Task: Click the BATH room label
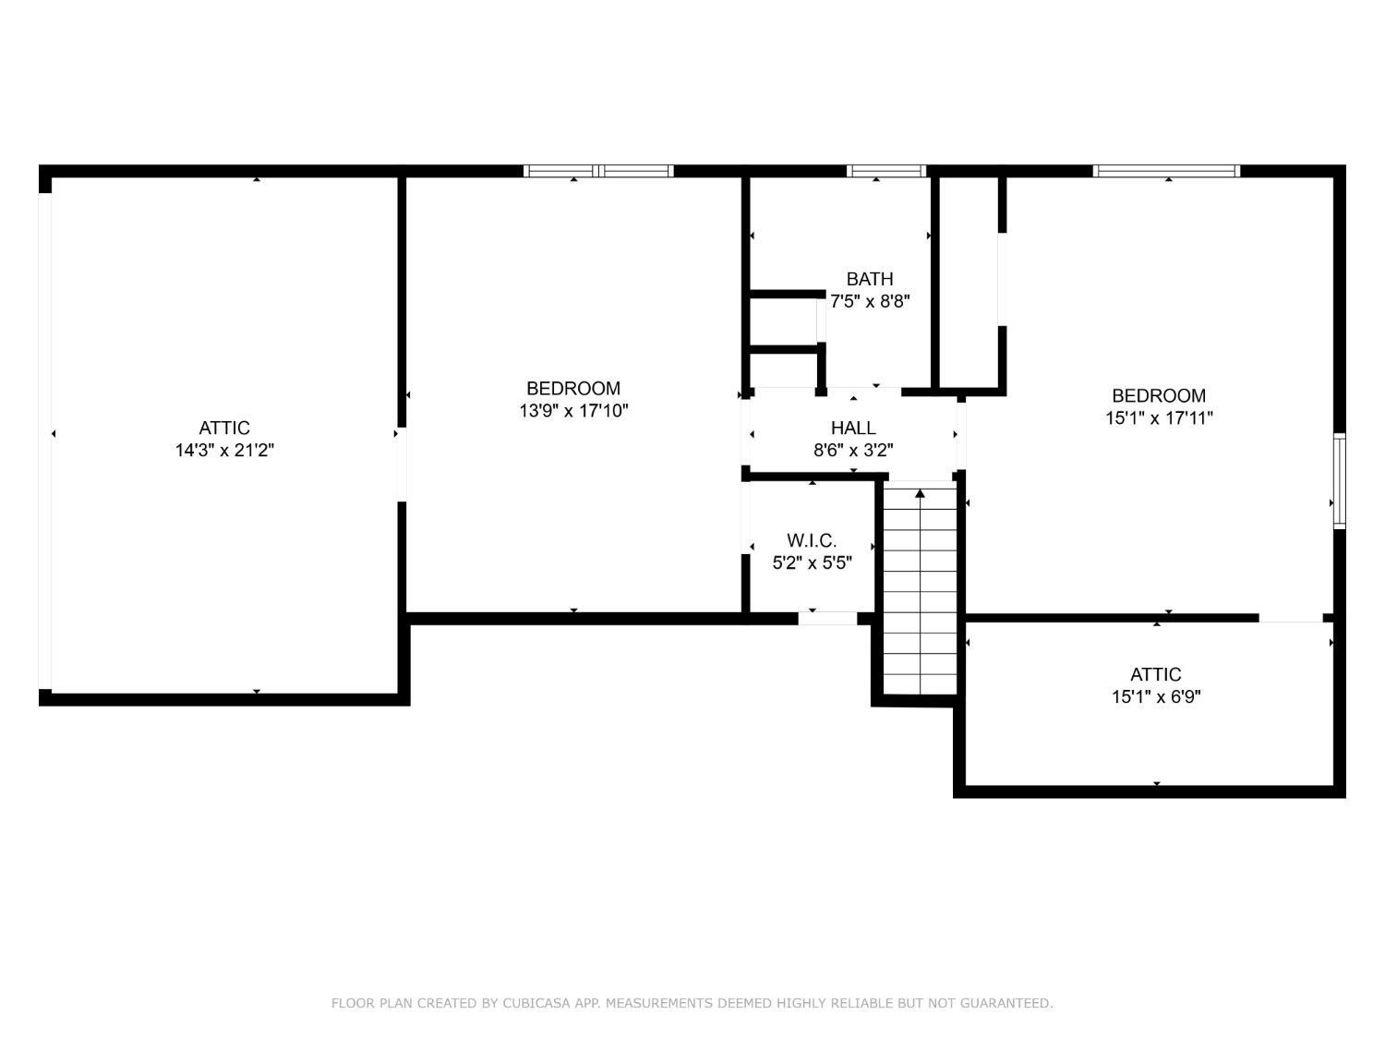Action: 869,279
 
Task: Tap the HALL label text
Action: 852,429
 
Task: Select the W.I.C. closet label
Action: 812,540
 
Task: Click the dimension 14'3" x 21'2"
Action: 224,451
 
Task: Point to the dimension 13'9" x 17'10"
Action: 573,411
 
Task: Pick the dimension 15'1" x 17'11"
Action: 1159,418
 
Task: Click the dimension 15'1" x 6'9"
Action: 1155,697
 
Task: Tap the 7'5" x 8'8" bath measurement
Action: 870,301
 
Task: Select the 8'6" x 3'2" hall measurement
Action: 852,451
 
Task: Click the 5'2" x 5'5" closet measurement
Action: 812,562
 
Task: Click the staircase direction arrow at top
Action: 920,494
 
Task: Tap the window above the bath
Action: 885,171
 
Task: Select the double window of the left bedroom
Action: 598,171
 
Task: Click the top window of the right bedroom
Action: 1166,171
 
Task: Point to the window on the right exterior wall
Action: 1340,480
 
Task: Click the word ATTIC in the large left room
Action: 224,429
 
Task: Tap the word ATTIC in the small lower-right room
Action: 1155,675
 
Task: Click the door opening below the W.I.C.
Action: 827,619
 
